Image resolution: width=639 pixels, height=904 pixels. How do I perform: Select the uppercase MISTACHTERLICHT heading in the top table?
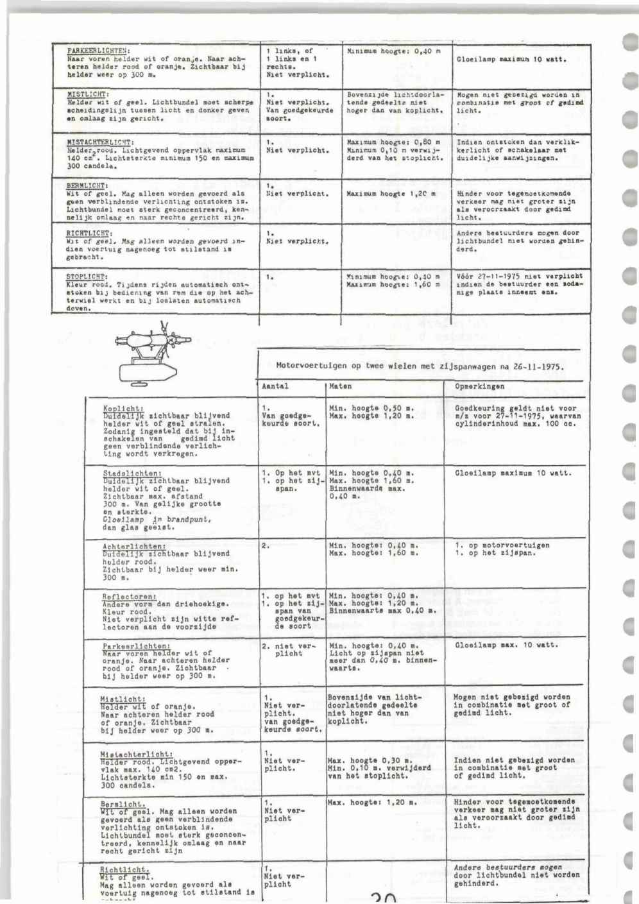click(100, 142)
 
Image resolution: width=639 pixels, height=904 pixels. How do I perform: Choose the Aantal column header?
click(277, 387)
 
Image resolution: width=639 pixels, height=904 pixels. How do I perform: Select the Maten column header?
click(339, 387)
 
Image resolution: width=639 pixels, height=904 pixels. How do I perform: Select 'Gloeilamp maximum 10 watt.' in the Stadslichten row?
click(513, 473)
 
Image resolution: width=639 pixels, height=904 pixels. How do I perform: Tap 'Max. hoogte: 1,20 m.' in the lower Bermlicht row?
click(372, 802)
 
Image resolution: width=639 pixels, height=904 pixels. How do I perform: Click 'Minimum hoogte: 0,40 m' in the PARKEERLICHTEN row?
click(393, 50)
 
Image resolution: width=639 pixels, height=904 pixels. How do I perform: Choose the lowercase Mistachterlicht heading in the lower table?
click(137, 754)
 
